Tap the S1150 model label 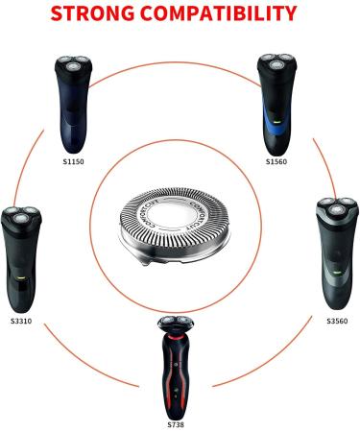point(73,161)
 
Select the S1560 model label point(276,161)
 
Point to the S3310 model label point(20,320)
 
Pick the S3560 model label point(337,320)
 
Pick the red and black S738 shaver point(176,365)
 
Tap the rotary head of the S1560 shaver point(276,65)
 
